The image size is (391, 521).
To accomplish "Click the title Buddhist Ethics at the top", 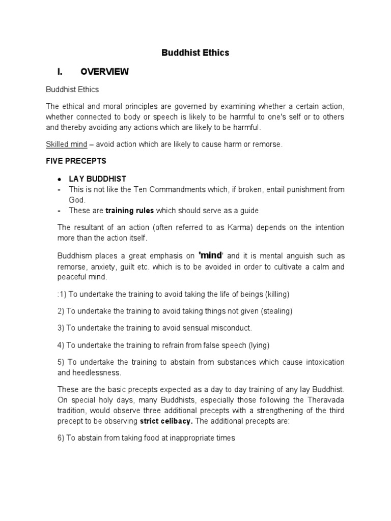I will click(x=195, y=52).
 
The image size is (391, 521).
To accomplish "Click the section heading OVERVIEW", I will click(x=104, y=72).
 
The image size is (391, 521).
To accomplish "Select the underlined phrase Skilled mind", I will click(x=67, y=144).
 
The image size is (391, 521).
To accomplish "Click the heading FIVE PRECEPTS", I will click(x=76, y=161).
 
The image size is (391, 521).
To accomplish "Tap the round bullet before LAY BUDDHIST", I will click(x=60, y=179).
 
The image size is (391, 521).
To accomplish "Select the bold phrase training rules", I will click(x=129, y=211).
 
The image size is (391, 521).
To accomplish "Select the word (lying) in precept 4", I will click(x=259, y=345).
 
